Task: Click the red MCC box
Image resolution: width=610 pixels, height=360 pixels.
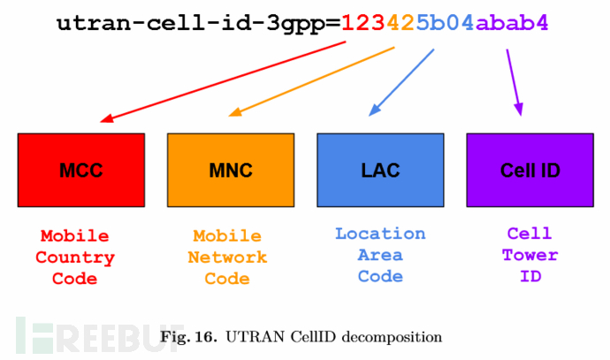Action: (81, 170)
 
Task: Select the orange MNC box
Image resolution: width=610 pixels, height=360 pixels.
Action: (231, 170)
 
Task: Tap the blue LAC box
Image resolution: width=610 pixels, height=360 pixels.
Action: (380, 170)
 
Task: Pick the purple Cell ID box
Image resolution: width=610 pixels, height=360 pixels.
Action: (530, 170)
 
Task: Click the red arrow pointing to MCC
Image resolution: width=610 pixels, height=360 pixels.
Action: (223, 81)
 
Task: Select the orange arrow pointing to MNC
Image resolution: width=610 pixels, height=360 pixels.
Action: (311, 81)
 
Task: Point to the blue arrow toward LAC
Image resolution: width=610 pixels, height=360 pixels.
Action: (401, 82)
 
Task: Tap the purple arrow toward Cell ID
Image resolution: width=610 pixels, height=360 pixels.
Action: (515, 82)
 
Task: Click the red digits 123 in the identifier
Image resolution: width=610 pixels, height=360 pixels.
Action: (363, 23)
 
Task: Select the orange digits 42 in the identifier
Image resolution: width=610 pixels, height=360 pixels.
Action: (400, 23)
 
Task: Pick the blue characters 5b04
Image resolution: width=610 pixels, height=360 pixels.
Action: (445, 23)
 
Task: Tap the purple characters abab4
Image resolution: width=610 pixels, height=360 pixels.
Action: (512, 23)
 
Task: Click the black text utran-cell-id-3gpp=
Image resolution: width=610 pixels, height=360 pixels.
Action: (198, 23)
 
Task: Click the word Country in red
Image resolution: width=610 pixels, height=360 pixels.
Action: (75, 258)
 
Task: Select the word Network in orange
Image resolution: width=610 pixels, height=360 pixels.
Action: (227, 257)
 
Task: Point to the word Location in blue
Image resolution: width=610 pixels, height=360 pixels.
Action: (380, 234)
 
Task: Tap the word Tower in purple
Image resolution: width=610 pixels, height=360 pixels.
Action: (530, 255)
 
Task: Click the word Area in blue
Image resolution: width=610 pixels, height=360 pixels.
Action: (380, 255)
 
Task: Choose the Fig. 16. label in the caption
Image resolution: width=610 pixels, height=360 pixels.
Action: (188, 337)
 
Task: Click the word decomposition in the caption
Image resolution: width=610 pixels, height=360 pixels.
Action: (392, 337)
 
